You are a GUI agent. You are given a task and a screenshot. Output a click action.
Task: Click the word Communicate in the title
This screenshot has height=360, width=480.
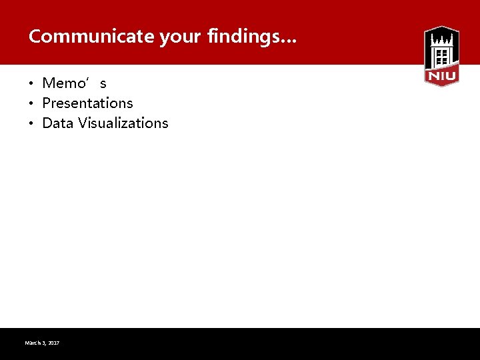(91, 37)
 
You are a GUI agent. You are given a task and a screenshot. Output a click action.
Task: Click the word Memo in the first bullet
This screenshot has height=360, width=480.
(65, 83)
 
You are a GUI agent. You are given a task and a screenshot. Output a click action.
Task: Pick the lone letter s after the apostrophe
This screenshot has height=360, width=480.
(103, 85)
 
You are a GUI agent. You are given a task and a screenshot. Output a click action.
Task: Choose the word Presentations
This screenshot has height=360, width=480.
(87, 103)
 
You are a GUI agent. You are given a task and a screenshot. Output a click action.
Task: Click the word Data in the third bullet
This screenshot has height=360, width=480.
(57, 123)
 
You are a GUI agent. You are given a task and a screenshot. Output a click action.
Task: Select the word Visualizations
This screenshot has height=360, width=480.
(123, 123)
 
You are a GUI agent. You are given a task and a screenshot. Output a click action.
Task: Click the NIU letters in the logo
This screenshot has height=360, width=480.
(441, 77)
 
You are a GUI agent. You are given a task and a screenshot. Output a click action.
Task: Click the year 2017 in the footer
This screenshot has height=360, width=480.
(54, 343)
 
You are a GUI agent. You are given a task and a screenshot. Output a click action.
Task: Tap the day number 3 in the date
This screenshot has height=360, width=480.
(45, 343)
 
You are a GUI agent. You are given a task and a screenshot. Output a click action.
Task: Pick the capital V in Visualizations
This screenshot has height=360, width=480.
(82, 123)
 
